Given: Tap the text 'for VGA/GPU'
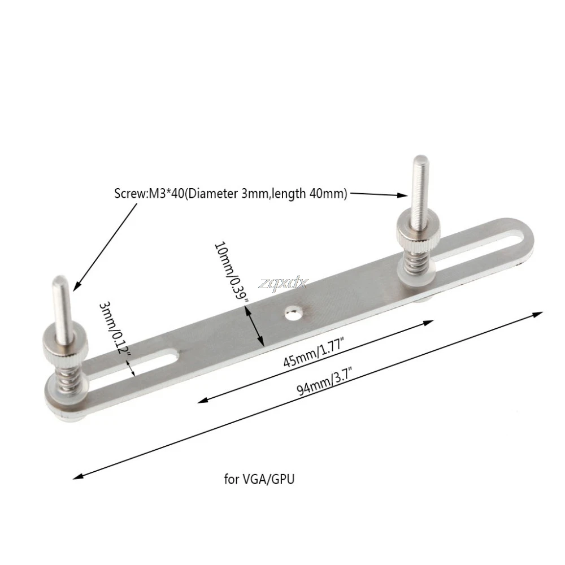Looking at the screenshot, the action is [259, 479].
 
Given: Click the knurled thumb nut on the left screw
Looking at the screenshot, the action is [66, 346].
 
